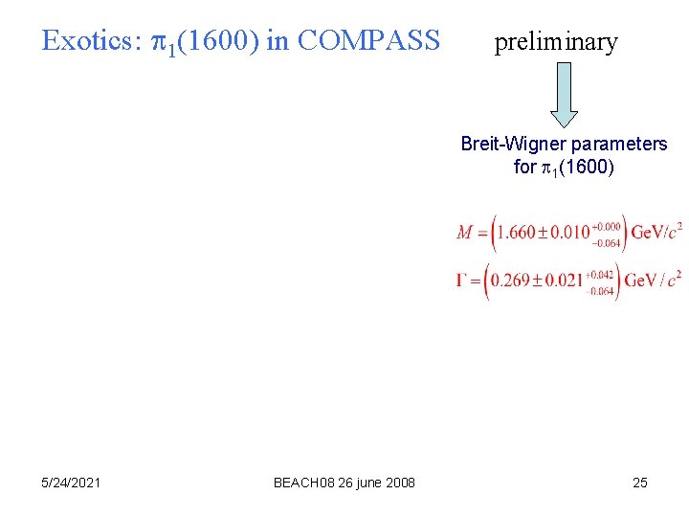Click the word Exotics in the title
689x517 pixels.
click(88, 41)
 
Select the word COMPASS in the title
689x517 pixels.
click(369, 41)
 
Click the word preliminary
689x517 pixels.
click(556, 42)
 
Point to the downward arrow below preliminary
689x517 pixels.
click(565, 95)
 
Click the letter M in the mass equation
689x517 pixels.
click(466, 232)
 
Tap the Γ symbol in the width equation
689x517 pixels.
click(463, 280)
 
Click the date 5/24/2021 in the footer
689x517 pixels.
click(72, 483)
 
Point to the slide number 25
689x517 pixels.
click(640, 483)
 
